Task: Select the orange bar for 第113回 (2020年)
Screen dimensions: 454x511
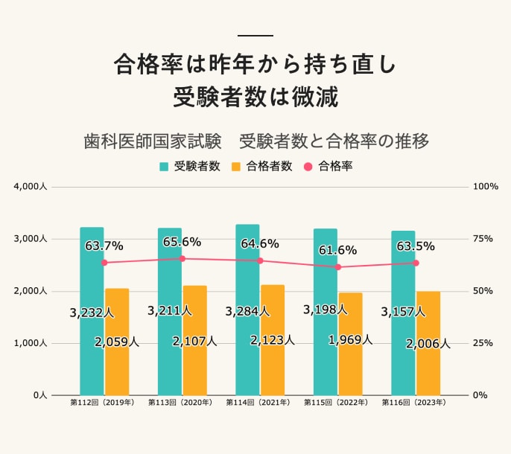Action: click(x=195, y=365)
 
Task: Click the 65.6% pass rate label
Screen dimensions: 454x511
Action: click(x=182, y=242)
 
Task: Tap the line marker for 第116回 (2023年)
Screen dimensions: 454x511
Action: click(x=416, y=263)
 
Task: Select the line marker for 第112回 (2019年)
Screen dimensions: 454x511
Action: click(x=104, y=263)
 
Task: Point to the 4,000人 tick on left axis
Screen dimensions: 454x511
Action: click(x=31, y=187)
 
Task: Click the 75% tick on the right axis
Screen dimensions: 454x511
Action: click(x=483, y=239)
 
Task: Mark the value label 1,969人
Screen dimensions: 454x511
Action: click(x=350, y=339)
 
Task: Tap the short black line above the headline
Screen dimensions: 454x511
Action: click(x=256, y=36)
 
